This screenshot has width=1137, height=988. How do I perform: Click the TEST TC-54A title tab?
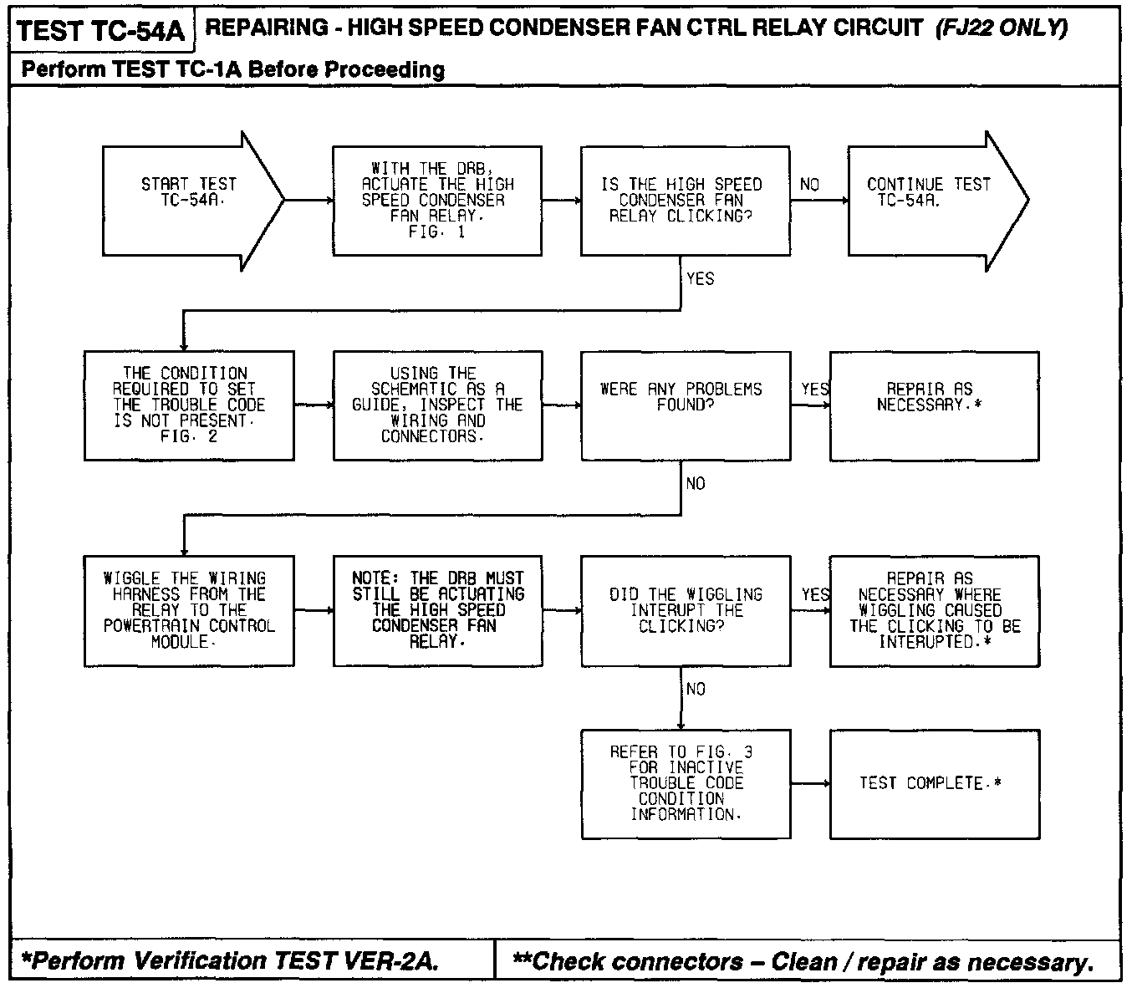(100, 31)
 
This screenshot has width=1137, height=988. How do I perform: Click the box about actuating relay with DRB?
(436, 201)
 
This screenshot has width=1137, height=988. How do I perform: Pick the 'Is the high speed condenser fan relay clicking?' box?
(685, 201)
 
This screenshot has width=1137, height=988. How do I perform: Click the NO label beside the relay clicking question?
(809, 185)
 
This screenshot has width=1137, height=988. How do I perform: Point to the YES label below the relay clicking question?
(700, 279)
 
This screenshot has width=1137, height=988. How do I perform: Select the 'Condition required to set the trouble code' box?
(189, 405)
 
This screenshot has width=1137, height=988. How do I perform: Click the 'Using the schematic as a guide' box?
(436, 405)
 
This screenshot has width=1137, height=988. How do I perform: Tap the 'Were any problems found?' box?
(685, 405)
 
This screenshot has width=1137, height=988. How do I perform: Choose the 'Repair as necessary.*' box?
(934, 405)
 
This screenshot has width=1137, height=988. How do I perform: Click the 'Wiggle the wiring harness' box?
(189, 610)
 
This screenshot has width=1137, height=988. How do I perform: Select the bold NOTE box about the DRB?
(436, 610)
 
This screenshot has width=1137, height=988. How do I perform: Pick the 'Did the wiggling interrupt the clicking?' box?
(685, 610)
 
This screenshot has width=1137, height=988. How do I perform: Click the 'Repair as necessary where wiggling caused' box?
(934, 610)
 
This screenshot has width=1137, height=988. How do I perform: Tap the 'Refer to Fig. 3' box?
(685, 783)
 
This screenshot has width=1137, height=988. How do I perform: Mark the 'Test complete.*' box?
(934, 783)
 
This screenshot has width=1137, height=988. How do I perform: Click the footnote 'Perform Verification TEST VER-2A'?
(230, 961)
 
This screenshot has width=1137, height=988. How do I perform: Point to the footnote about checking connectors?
(803, 961)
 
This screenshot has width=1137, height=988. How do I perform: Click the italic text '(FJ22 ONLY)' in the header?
(1002, 28)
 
